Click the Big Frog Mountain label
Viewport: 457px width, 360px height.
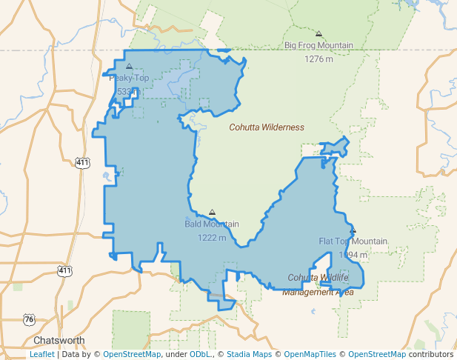tap(318, 45)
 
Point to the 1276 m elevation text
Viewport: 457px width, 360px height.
tap(318, 59)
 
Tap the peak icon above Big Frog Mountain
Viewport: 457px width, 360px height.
tap(318, 34)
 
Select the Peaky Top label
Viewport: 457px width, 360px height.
tap(129, 78)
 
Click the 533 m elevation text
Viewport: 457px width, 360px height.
tap(129, 91)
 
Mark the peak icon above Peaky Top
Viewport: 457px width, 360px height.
tap(129, 67)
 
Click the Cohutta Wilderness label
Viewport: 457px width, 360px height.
tap(267, 127)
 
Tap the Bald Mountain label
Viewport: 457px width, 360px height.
tap(212, 224)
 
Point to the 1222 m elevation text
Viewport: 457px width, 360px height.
tap(212, 238)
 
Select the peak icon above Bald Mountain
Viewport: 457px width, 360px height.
tap(213, 212)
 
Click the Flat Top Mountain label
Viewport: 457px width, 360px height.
tap(353, 241)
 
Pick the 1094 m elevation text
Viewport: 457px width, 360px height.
tap(353, 255)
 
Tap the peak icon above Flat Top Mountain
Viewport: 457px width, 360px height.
tap(353, 230)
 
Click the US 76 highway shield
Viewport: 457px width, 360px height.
tap(29, 319)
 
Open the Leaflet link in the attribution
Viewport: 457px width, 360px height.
tap(41, 354)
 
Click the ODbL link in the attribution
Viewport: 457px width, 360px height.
tap(201, 354)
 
